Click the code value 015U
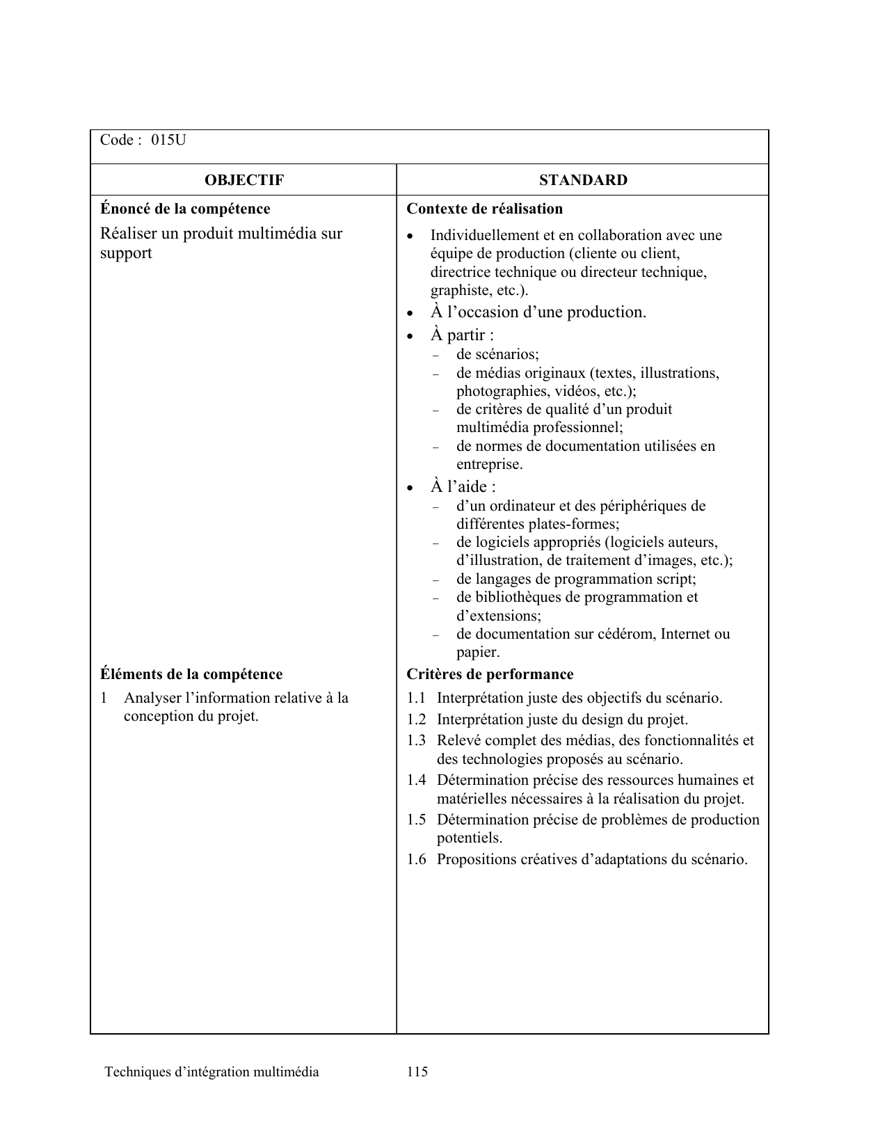point(169,140)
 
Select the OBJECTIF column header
point(243,180)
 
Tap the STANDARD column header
point(583,180)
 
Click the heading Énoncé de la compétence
point(185,209)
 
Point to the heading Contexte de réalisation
point(484,209)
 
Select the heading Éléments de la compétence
point(191,674)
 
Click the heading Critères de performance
point(490,674)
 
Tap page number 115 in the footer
point(417,1071)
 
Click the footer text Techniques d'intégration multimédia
point(211,1071)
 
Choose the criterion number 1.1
point(416,698)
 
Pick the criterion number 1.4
point(416,781)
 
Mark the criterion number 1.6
point(416,859)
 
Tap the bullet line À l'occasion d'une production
point(538,312)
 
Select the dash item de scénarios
point(497,354)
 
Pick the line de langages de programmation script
point(576,579)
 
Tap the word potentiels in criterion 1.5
point(469,838)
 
